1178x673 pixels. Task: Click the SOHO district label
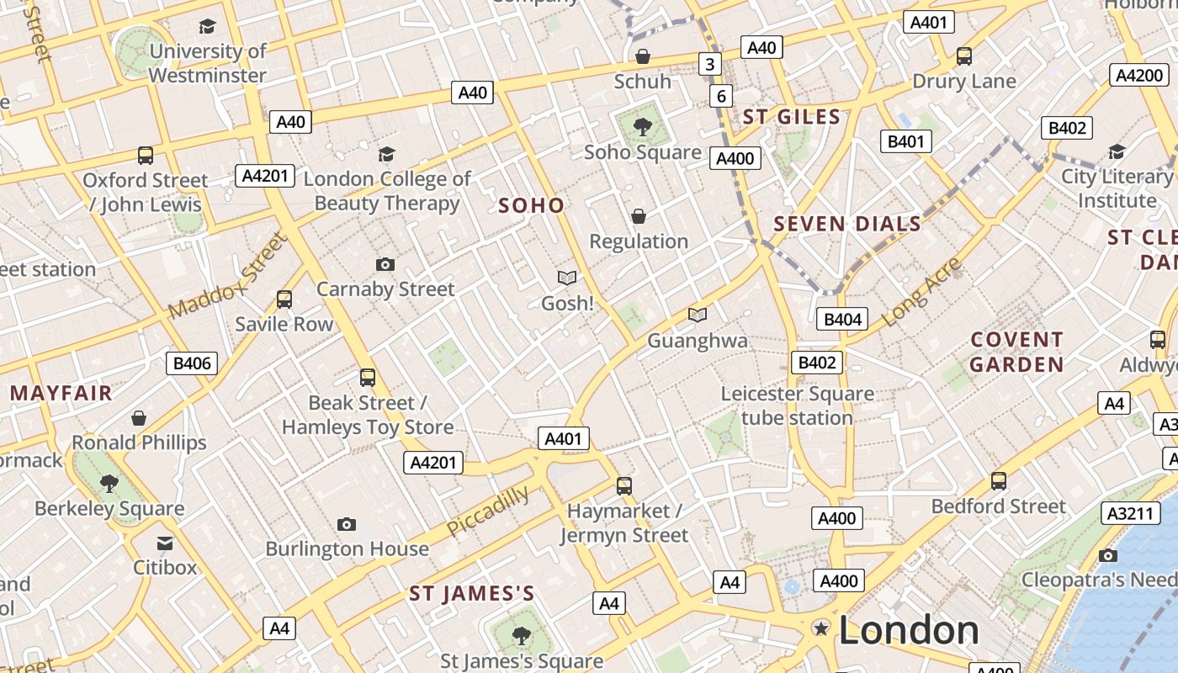click(x=531, y=205)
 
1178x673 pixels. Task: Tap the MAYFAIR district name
click(x=61, y=393)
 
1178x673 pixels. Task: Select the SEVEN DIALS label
click(x=847, y=224)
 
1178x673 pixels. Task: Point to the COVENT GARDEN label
click(x=1017, y=352)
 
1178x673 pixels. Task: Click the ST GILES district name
click(x=792, y=117)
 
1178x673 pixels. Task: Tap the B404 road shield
click(x=842, y=319)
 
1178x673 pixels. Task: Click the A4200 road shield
click(x=1138, y=75)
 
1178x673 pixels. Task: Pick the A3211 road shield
click(x=1129, y=512)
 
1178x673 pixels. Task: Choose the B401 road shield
click(x=905, y=141)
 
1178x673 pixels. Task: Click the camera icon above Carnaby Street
click(x=385, y=265)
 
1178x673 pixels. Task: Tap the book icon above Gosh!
click(x=568, y=278)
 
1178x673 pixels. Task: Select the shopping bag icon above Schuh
click(x=643, y=56)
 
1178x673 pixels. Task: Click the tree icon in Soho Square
click(x=643, y=128)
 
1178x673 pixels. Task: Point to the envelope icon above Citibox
click(x=165, y=543)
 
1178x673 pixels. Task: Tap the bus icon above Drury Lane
click(x=964, y=56)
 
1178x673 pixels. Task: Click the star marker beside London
click(x=820, y=628)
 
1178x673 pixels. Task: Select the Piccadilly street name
click(x=488, y=511)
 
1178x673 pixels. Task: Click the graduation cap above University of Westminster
click(x=207, y=27)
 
